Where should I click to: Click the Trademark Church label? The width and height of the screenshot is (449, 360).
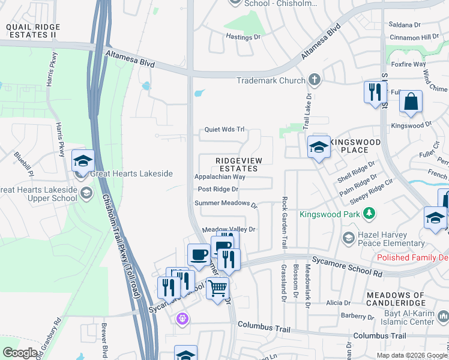point(271,80)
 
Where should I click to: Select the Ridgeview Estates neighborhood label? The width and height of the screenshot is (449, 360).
point(237,164)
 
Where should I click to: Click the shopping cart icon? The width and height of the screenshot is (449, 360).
point(217,288)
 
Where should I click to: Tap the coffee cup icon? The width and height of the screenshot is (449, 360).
point(199,254)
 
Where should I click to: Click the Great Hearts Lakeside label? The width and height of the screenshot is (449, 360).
point(131,174)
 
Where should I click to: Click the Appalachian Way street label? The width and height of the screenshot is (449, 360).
point(220,177)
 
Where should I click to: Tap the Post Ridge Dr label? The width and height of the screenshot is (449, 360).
point(218,189)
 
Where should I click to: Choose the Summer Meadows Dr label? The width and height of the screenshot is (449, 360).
point(226,203)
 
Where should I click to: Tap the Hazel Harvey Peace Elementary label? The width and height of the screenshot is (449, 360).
point(390,239)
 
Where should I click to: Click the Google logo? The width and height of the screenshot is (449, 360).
point(19,353)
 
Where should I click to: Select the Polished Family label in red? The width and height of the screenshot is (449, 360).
point(412,257)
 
